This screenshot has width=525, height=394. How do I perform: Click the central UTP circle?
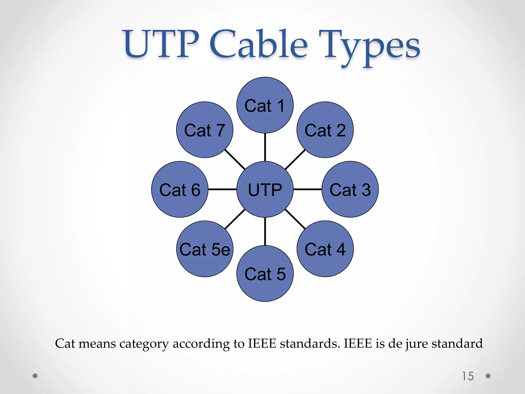[265, 189]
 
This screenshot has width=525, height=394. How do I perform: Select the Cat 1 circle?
[265, 105]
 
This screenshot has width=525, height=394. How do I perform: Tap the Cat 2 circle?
[325, 130]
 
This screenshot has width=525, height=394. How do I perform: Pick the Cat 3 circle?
[350, 189]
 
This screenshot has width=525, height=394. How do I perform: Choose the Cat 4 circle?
[325, 249]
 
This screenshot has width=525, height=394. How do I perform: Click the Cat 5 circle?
[265, 273]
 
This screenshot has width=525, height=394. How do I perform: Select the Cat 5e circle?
[205, 249]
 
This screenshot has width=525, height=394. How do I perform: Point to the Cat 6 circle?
[180, 189]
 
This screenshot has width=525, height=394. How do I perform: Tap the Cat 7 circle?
[205, 130]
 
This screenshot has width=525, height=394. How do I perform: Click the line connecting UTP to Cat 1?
[265, 147]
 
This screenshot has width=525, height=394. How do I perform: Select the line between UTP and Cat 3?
[307, 189]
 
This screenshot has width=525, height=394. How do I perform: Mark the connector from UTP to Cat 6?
[222, 189]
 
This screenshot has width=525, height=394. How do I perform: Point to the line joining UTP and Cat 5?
[265, 231]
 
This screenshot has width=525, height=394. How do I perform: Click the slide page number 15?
[468, 376]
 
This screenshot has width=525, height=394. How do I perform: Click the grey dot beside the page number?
[488, 376]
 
